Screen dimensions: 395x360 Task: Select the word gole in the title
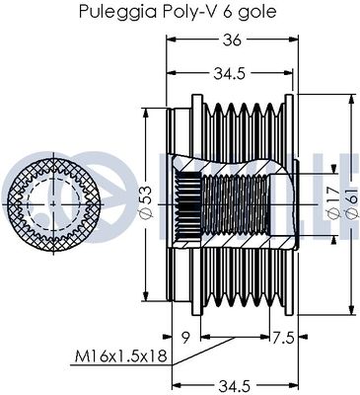point(253,12)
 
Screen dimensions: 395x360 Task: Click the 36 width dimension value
point(232,39)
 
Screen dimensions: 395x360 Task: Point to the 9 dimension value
point(185,335)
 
